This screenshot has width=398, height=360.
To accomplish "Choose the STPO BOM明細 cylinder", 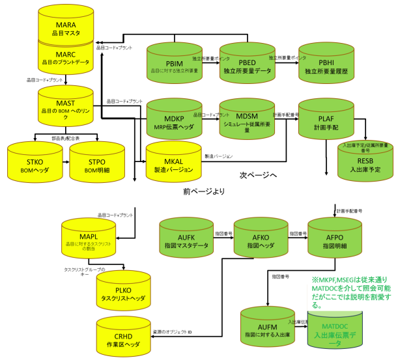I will tap(96, 160).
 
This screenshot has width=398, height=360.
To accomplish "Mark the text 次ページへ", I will tap(257, 176).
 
